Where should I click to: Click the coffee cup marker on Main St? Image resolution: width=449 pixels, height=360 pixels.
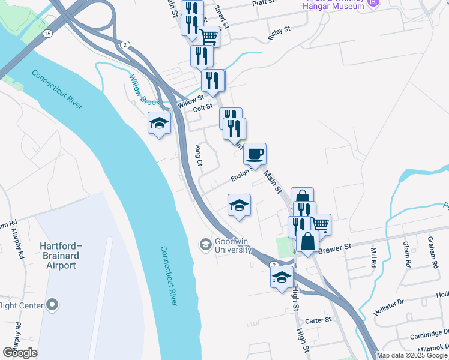255,154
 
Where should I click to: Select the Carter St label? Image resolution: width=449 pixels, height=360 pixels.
318,320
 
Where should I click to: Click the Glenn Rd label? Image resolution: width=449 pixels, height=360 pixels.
406,251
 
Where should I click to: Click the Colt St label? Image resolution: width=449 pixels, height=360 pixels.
203,107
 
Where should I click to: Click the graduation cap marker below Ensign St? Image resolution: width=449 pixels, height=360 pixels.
239,205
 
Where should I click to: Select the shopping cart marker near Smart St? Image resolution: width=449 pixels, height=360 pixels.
209,37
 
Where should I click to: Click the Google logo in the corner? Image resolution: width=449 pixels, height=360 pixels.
20,353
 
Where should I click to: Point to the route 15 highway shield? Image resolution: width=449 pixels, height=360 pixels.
47,33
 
